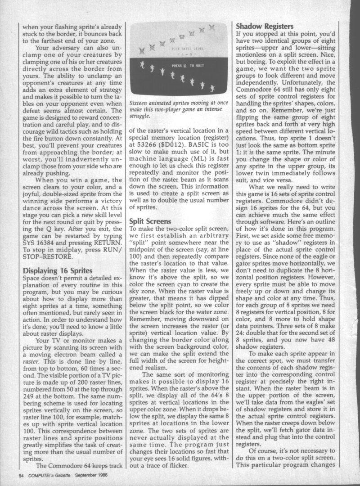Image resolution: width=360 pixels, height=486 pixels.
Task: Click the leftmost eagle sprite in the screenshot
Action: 142,49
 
